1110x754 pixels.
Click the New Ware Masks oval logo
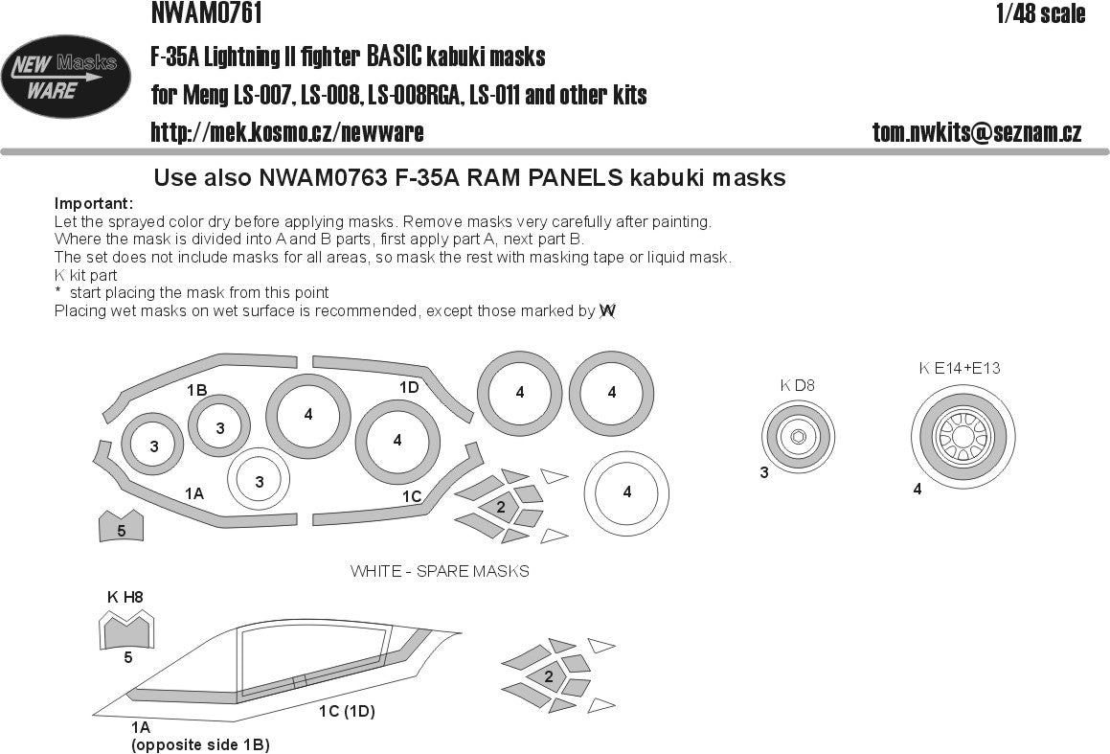(x=66, y=77)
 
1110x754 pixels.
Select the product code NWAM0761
(x=206, y=13)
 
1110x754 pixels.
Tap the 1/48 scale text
(x=1040, y=13)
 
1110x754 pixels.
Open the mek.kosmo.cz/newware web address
(x=286, y=132)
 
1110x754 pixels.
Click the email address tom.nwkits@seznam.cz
(x=976, y=132)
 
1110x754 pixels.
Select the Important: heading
(x=94, y=204)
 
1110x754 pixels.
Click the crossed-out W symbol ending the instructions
(x=607, y=310)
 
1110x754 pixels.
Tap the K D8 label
(x=797, y=385)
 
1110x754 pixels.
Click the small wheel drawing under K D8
(x=798, y=438)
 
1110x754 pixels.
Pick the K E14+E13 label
(x=960, y=368)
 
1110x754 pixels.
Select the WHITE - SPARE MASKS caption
(x=440, y=571)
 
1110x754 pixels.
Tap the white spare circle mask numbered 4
(x=626, y=491)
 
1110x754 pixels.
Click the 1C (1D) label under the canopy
(x=346, y=712)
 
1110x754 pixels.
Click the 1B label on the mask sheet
(x=196, y=390)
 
